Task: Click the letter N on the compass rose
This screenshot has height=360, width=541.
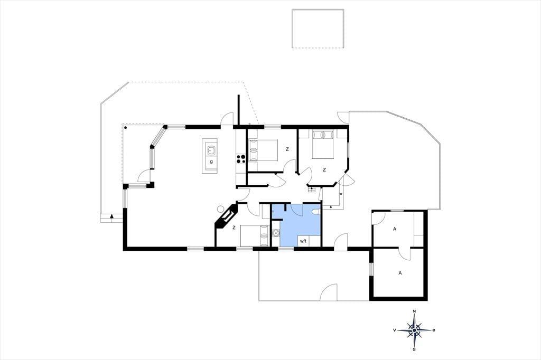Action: click(414, 312)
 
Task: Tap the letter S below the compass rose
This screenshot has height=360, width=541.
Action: click(414, 349)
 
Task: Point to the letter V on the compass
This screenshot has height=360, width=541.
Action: click(394, 330)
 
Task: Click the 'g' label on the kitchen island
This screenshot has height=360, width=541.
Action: click(211, 162)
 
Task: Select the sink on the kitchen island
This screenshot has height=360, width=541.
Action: click(211, 150)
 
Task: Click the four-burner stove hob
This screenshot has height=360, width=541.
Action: click(240, 158)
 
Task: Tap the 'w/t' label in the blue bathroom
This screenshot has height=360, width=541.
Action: click(303, 241)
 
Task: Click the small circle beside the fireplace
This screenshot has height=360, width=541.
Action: click(221, 209)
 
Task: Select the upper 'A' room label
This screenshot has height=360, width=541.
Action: click(395, 228)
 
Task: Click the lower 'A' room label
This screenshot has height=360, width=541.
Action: click(400, 273)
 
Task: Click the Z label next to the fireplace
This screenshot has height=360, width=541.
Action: click(234, 228)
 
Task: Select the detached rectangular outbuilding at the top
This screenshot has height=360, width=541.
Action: click(318, 29)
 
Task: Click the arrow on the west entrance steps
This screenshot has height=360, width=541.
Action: click(112, 216)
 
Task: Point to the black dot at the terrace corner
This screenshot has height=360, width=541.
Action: click(126, 128)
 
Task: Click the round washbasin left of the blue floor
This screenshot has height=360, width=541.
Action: click(275, 234)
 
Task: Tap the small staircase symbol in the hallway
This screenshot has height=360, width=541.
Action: click(312, 188)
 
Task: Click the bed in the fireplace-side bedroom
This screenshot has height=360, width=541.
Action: click(255, 236)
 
